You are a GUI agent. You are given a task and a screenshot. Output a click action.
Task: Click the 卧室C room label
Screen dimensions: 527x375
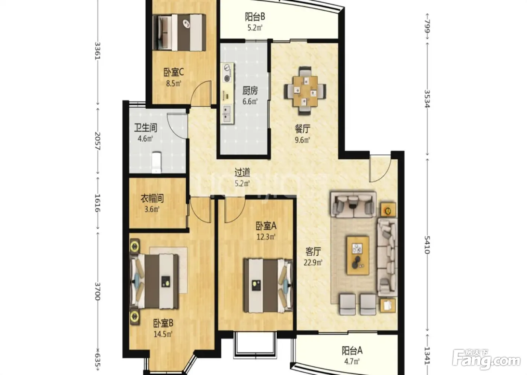pos(174,72)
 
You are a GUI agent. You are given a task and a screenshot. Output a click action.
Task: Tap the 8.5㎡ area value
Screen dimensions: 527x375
pos(174,83)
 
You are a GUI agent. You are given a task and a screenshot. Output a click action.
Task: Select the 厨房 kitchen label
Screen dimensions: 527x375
pos(250,91)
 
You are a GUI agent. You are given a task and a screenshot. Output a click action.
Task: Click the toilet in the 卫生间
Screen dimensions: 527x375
pos(157,162)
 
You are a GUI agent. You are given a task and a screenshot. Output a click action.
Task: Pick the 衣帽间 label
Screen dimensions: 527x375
pos(152,198)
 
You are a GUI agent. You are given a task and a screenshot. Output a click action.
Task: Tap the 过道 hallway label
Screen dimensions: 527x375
pos(242,172)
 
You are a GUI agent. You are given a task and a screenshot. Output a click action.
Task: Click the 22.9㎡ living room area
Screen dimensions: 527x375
pos(313,262)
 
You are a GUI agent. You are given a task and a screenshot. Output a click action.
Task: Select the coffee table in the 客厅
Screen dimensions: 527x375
pos(358,256)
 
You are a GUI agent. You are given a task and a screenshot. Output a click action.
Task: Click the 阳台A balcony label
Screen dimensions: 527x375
pos(352,351)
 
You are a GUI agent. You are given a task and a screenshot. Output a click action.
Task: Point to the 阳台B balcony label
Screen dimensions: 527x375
pos(255,17)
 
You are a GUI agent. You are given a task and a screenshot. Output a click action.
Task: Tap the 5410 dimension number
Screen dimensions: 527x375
pos(427,245)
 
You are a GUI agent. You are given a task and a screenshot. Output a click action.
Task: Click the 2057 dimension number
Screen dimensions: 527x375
pos(97,141)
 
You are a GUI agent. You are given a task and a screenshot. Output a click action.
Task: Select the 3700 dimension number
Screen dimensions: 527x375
pos(97,291)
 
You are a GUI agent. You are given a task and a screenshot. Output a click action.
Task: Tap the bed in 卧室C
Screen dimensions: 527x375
pos(179,32)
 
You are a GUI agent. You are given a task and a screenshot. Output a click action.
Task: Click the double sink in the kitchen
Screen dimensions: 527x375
pos(227,114)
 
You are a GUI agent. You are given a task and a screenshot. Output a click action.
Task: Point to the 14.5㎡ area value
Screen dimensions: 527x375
pos(163,334)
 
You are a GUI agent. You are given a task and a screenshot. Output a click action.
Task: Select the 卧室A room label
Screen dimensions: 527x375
pos(266,226)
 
